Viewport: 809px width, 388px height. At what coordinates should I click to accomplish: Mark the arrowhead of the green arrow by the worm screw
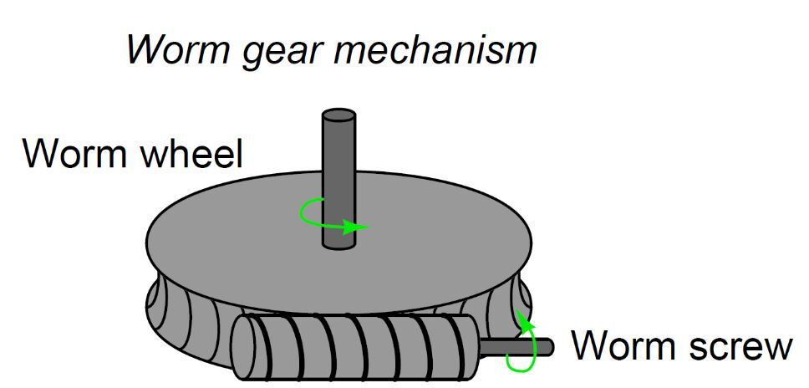[x=522, y=317]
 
